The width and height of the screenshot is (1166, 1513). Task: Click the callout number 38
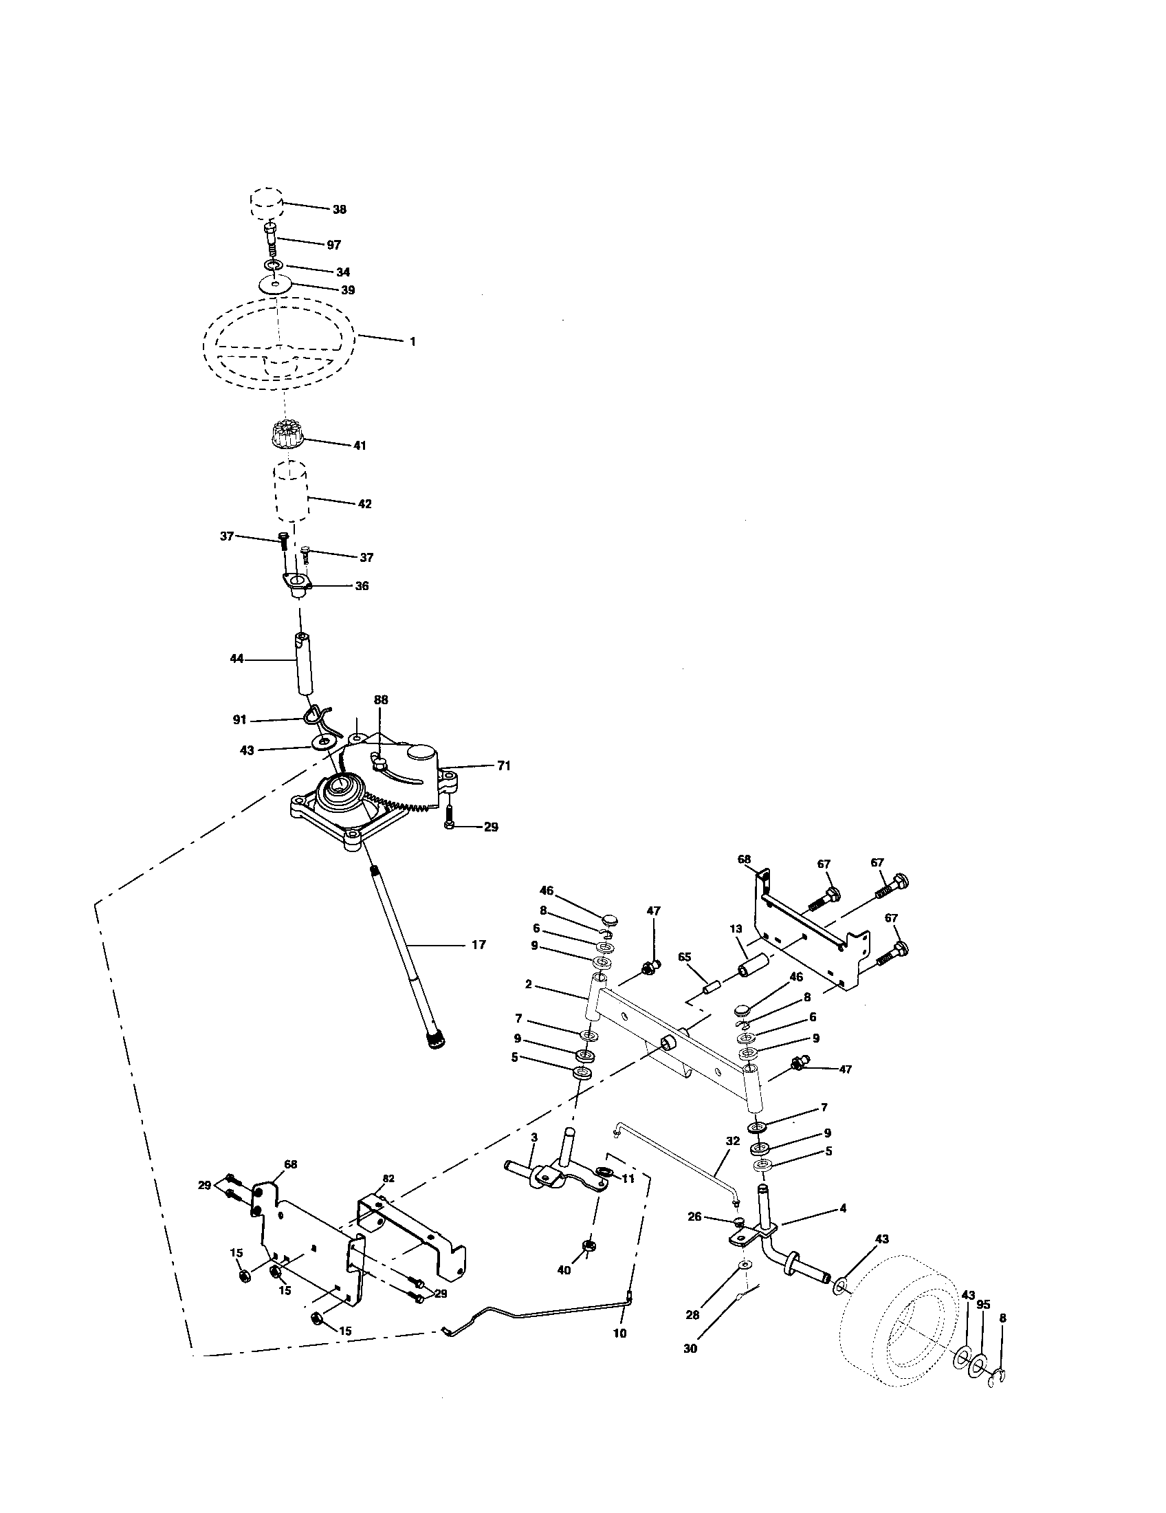click(x=339, y=209)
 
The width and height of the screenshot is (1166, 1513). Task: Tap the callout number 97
click(x=333, y=246)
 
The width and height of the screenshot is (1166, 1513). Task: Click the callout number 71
click(x=503, y=765)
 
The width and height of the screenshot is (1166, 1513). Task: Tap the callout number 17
click(x=478, y=944)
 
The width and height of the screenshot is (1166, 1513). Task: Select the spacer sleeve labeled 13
click(x=753, y=966)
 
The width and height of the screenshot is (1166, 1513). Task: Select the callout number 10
click(x=619, y=1333)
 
